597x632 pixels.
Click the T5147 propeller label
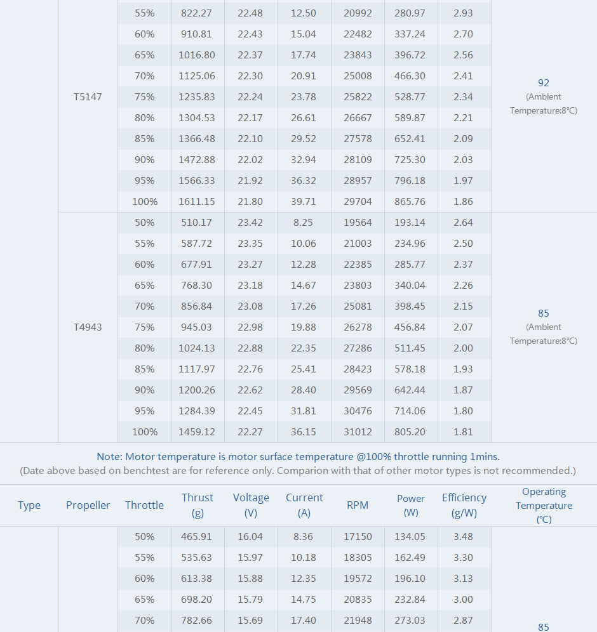click(88, 97)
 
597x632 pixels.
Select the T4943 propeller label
click(88, 327)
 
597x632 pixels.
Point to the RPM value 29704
click(358, 202)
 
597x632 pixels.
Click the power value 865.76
click(410, 202)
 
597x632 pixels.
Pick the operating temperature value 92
click(543, 83)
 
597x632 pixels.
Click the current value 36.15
click(304, 432)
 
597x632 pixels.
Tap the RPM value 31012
click(358, 432)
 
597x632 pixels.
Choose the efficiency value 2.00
click(464, 348)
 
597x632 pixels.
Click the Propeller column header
click(88, 506)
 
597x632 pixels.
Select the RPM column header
click(358, 506)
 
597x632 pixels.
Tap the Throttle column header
click(144, 506)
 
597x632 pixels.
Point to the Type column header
click(29, 506)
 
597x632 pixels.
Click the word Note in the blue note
click(109, 457)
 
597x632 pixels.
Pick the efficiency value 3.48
click(464, 537)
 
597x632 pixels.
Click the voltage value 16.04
click(250, 537)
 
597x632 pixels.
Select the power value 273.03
click(410, 621)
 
